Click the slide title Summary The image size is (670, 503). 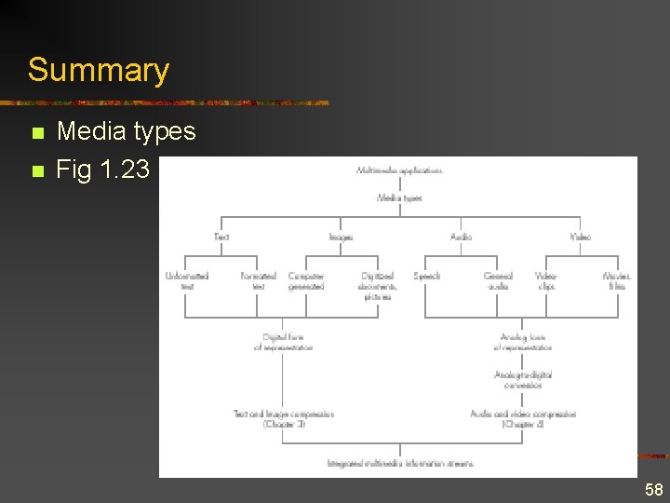coord(99,70)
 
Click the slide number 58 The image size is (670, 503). coord(654,490)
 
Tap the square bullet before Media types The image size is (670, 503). coord(37,133)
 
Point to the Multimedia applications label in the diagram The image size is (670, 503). coord(399,170)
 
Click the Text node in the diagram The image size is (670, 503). coord(221,238)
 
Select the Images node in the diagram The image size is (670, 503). coord(341,238)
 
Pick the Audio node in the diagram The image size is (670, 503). coord(461,238)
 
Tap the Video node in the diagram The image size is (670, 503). coord(580,238)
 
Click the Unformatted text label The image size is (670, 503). coord(186,280)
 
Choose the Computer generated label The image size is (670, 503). coord(306,280)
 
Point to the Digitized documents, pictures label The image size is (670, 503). coord(378,286)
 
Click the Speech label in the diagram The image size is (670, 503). coord(426,276)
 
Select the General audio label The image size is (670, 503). coord(498,280)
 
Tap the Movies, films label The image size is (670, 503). coord(616,280)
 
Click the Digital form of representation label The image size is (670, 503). coord(283,342)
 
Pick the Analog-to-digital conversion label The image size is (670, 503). coord(523,379)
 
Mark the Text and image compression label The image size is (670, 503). coord(283,418)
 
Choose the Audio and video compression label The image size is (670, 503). coord(523,418)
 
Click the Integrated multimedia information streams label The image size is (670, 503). coord(400,463)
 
